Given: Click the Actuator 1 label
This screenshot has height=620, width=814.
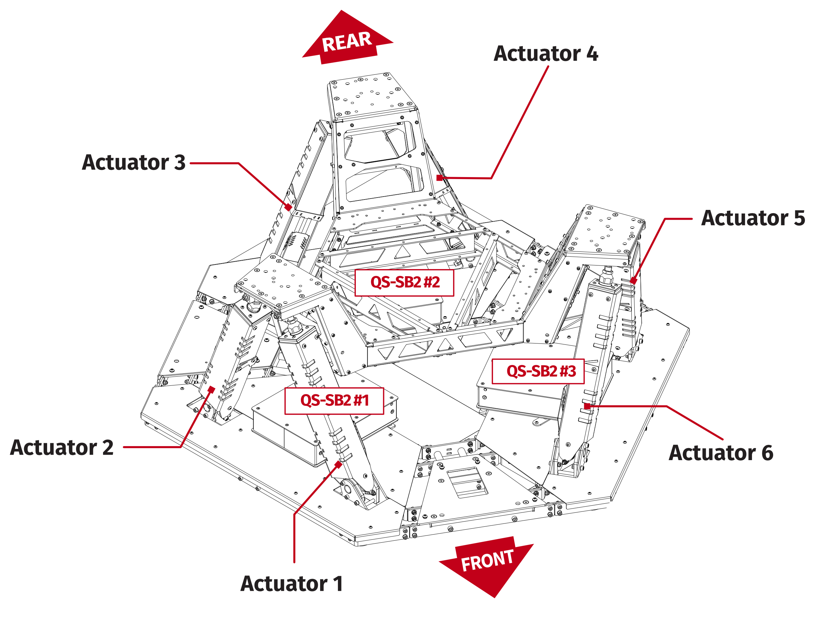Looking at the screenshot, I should coord(292,584).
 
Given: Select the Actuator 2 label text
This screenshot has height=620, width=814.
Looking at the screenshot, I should coord(62,448).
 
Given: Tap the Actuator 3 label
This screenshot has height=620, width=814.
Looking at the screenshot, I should coord(134,162).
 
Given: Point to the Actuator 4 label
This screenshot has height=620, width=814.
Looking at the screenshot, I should coord(546,54).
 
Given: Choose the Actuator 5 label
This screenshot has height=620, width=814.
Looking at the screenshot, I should coord(753,218).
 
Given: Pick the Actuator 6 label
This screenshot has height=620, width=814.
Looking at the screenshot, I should coord(721,453).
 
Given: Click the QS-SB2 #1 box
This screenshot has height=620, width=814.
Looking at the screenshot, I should coord(334,401).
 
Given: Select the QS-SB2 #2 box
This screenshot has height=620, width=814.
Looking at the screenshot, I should coord(405,283).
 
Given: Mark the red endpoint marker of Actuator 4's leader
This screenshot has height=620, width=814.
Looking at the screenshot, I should coord(439,178).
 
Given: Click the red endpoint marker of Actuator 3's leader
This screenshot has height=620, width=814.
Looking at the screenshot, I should coord(288,207).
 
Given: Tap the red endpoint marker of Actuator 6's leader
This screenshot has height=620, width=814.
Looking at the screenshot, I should coord(587,406).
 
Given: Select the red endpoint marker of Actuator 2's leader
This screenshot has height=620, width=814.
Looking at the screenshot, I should coord(212,390).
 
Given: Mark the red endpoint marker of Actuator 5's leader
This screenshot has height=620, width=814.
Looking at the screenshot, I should coord(633,281).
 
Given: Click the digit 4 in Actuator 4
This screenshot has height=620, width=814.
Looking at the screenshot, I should coord(592,54).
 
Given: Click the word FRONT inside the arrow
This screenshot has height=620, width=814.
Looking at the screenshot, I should coord(487,561).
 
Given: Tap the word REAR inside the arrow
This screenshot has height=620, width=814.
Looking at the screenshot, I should coord(346,42).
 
